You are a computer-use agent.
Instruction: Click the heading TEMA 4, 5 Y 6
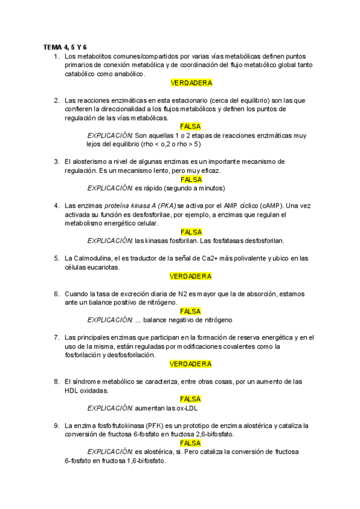point(65,47)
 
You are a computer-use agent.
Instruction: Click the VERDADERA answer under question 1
point(191,83)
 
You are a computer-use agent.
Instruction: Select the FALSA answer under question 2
point(191,127)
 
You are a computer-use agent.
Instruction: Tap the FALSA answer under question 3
point(191,179)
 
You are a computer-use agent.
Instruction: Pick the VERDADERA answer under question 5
point(191,276)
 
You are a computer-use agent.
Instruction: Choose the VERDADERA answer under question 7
point(191,364)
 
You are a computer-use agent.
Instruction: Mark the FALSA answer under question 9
point(191,443)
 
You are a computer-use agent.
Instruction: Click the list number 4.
point(56,206)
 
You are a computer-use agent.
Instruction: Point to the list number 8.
point(56,381)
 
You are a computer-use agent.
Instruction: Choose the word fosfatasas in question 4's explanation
point(220,241)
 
